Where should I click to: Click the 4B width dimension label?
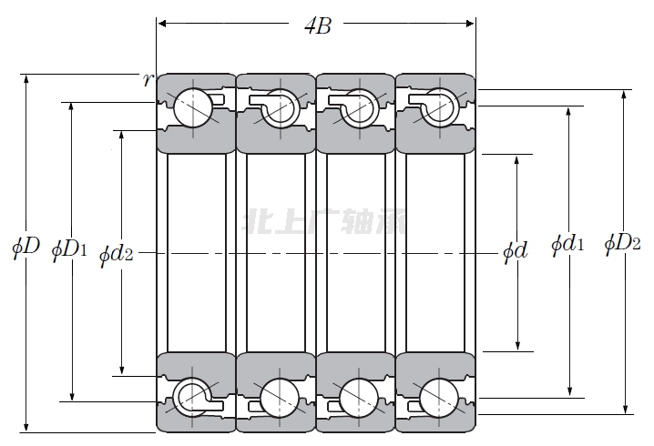tap(317, 25)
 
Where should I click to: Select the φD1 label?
tap(69, 248)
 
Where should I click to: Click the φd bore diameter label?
tap(516, 251)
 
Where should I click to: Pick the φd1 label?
tap(567, 245)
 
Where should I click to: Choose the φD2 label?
tap(623, 245)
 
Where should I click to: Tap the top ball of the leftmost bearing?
tap(193, 107)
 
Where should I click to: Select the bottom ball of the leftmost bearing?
tap(193, 396)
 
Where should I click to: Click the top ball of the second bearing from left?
tap(277, 107)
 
